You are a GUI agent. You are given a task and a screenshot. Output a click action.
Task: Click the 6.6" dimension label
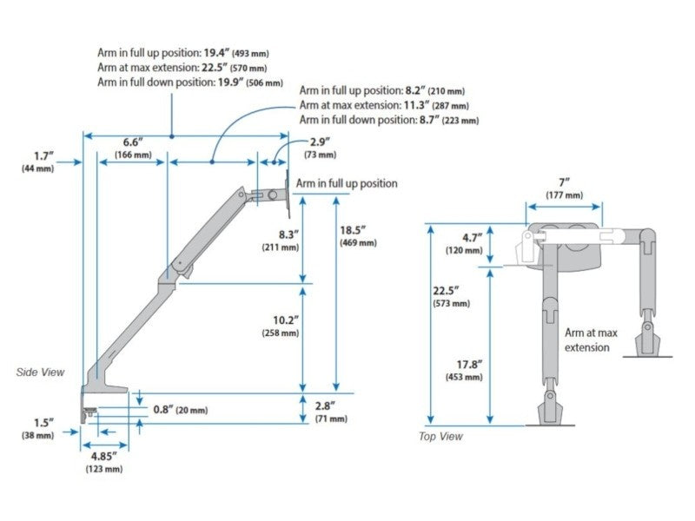pos(132,142)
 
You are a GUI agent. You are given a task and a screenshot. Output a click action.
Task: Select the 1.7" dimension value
pos(44,156)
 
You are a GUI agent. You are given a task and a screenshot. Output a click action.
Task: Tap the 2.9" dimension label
pos(320,142)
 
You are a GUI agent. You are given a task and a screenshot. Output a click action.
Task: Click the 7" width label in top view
pos(564,183)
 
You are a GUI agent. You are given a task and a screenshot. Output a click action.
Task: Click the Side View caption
pos(41,372)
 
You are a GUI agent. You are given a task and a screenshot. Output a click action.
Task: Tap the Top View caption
pos(440,436)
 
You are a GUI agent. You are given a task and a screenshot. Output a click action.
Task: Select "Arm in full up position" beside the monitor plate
pos(347,183)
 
